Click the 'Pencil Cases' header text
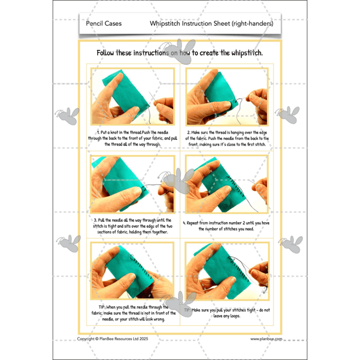[101, 23]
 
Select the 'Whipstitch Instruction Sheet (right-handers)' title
[211, 23]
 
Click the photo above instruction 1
[133, 97]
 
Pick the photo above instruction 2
[227, 97]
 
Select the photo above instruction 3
[133, 183]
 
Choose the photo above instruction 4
[227, 183]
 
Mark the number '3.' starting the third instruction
[96, 220]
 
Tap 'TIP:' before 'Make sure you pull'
[196, 311]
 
